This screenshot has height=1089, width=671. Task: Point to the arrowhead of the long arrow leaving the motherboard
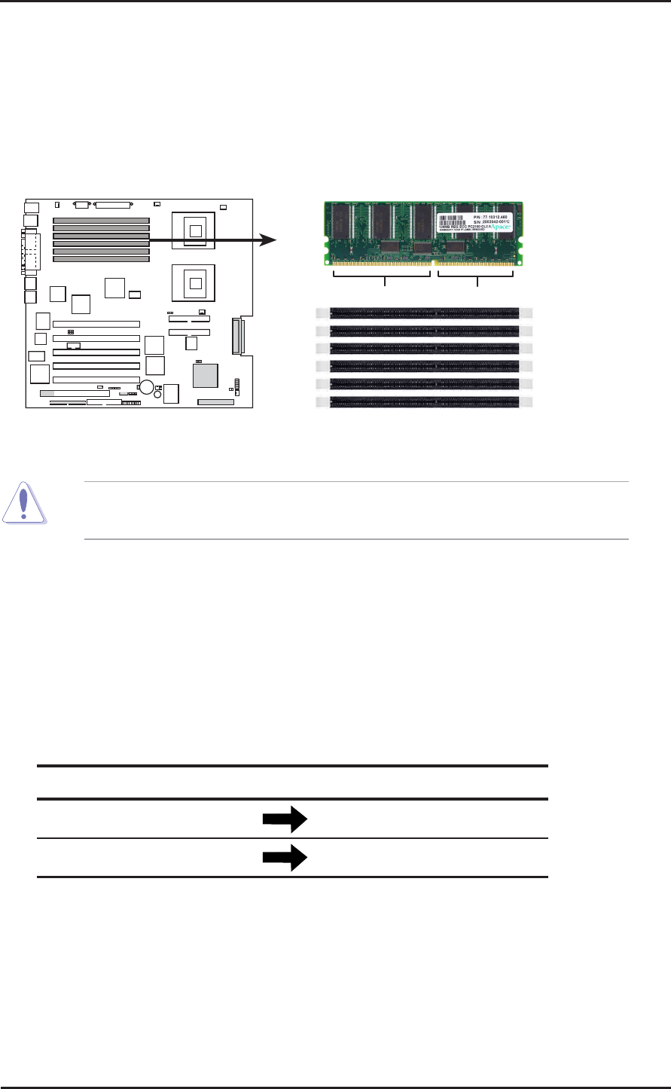click(x=268, y=240)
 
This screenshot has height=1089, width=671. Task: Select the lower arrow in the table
click(x=285, y=857)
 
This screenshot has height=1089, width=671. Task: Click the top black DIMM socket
click(x=424, y=311)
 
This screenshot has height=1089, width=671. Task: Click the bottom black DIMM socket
click(x=424, y=402)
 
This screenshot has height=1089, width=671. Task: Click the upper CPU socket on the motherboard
click(x=196, y=230)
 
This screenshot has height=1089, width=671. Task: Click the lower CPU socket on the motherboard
click(x=196, y=283)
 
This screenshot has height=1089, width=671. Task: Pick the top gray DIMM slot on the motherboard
click(x=101, y=220)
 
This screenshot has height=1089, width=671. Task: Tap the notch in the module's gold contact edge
click(x=433, y=264)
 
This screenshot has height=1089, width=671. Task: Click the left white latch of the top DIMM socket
click(x=322, y=311)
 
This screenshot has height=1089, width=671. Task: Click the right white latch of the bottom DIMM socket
click(x=526, y=402)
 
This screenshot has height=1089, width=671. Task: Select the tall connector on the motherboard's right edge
click(x=239, y=335)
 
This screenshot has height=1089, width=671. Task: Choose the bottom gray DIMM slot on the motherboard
click(x=101, y=258)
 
